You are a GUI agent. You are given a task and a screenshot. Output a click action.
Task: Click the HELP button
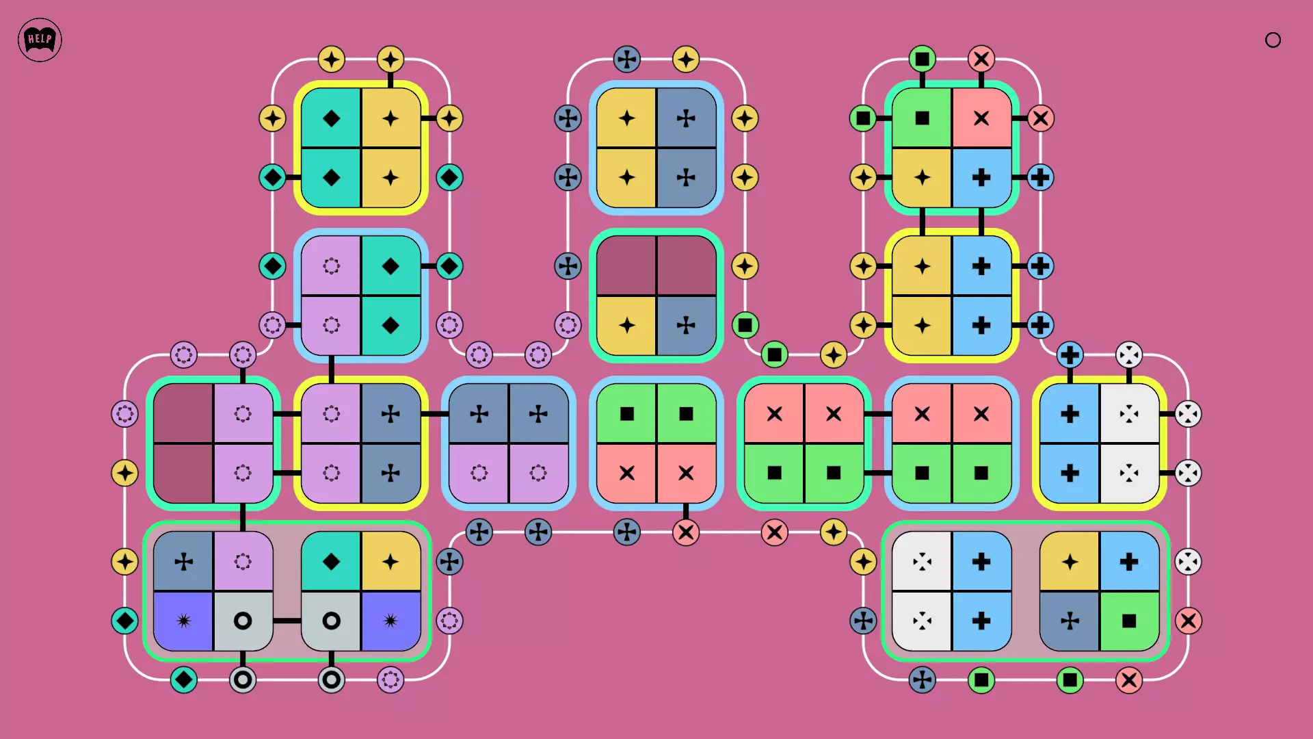coord(40,40)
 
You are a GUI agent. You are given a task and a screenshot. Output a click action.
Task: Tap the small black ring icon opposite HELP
coord(1273,40)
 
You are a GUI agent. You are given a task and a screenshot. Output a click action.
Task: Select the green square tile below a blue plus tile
coord(1129,621)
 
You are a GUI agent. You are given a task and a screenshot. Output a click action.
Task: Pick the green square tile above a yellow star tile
coord(922,118)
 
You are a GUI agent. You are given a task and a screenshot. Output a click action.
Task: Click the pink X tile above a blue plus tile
coord(981,118)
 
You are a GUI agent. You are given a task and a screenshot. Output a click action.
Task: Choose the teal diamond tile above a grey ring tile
coord(331,562)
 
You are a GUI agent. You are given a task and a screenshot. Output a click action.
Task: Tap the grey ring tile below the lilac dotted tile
coord(243,621)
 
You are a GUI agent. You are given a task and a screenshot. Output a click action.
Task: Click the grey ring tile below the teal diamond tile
coord(331,621)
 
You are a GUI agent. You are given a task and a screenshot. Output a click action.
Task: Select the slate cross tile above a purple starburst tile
coord(184,562)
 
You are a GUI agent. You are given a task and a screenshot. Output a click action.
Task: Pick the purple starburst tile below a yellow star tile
coord(390,621)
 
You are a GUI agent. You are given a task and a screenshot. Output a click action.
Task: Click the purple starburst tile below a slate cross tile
coord(184,621)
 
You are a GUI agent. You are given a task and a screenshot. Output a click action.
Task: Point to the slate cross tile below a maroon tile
coord(686,325)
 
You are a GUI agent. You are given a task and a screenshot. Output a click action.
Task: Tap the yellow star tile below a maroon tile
coord(626,325)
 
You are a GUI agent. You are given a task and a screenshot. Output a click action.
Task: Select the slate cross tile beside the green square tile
coord(1070,621)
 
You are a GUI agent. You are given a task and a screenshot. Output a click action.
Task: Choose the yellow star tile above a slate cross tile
coord(1070,562)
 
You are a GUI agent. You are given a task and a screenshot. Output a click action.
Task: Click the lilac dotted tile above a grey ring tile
coord(243,562)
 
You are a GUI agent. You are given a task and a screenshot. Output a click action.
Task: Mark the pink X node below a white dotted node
coord(1188,621)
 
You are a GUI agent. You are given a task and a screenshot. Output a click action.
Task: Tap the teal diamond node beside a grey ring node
coord(184,679)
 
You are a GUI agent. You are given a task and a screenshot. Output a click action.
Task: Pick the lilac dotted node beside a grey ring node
coord(390,679)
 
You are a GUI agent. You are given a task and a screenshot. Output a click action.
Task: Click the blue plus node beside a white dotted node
coord(1070,355)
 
